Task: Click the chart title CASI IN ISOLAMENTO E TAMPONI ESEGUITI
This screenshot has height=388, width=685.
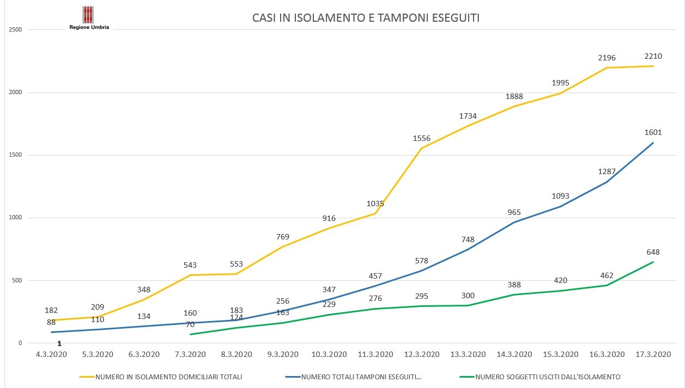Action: click(366, 18)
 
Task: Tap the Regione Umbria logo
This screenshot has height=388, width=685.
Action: click(89, 17)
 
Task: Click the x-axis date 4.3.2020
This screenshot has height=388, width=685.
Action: click(51, 354)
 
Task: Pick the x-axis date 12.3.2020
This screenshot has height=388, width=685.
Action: click(421, 354)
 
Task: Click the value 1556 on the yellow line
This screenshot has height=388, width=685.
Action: click(422, 138)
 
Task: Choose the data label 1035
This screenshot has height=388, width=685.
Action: click(375, 204)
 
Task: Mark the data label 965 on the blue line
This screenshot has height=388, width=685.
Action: click(514, 212)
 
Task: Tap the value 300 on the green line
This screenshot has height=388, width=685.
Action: click(468, 295)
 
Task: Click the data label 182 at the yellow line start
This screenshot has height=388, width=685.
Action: click(51, 310)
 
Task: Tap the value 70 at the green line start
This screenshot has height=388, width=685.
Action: click(190, 325)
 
